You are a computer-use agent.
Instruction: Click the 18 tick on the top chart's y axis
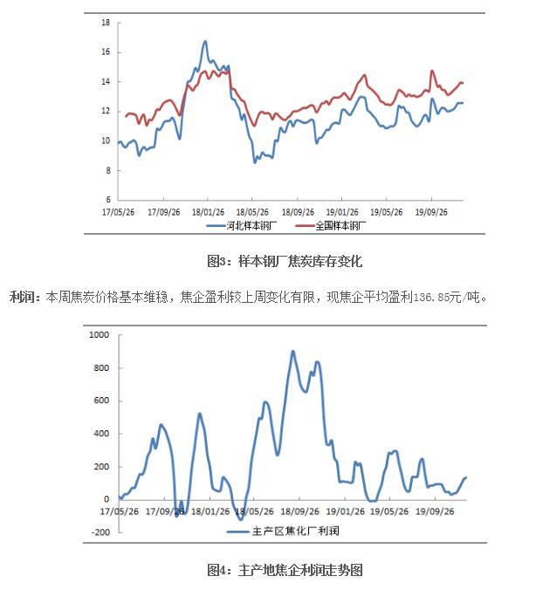[105, 22]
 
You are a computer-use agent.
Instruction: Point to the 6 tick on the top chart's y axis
[107, 200]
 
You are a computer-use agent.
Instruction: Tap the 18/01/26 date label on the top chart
[208, 211]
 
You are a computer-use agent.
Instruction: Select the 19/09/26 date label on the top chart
[430, 211]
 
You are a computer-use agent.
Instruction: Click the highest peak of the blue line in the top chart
[205, 41]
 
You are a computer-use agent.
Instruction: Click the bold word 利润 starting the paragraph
[21, 298]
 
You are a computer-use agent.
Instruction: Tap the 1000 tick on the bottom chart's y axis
[96, 335]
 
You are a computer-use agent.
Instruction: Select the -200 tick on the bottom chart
[98, 532]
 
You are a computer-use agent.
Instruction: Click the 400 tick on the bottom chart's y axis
[99, 434]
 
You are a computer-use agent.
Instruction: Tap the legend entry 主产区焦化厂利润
[294, 531]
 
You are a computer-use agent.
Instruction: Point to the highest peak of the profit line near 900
[292, 352]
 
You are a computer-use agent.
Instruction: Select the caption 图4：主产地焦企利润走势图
[285, 571]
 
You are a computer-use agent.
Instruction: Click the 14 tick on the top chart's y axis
[105, 81]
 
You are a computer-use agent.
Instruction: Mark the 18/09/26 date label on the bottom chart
[297, 512]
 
